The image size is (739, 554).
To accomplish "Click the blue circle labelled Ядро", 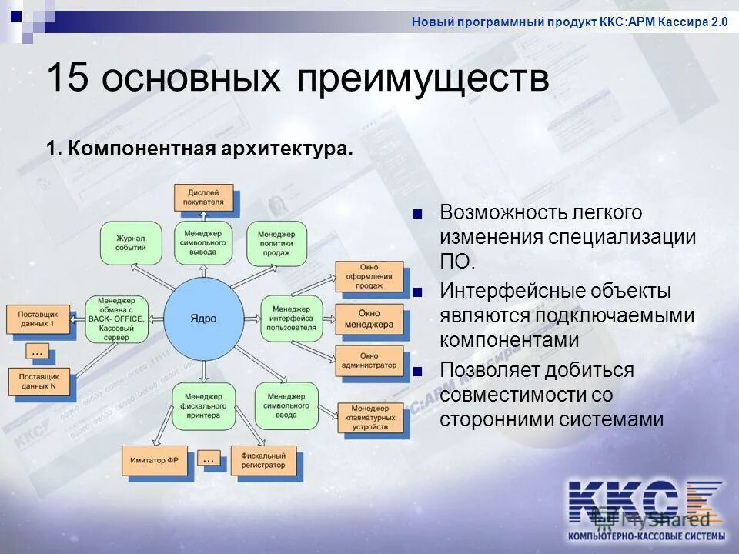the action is pos(204,319).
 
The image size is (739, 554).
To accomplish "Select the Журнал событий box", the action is pos(131,243).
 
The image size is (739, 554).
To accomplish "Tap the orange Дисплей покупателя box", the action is pos(203,197).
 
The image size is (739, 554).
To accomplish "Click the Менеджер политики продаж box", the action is pos(276,243).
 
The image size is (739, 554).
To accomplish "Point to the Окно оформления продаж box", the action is pos(369,277).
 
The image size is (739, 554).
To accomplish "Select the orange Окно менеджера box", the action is pos(369,319).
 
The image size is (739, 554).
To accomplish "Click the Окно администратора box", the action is pos(369,360).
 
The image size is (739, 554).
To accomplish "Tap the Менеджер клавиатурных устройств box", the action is pos(369,417).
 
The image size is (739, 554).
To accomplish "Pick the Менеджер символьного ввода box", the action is pos(286,405).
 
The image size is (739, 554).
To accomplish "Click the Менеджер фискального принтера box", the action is pos(203,405).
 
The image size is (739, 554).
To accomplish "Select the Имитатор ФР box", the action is pos(153,459).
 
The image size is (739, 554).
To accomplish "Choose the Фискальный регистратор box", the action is pos(262,460).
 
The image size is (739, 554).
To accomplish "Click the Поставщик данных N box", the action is pos(39,382).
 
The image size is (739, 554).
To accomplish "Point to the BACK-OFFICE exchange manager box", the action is pos(116,319).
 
